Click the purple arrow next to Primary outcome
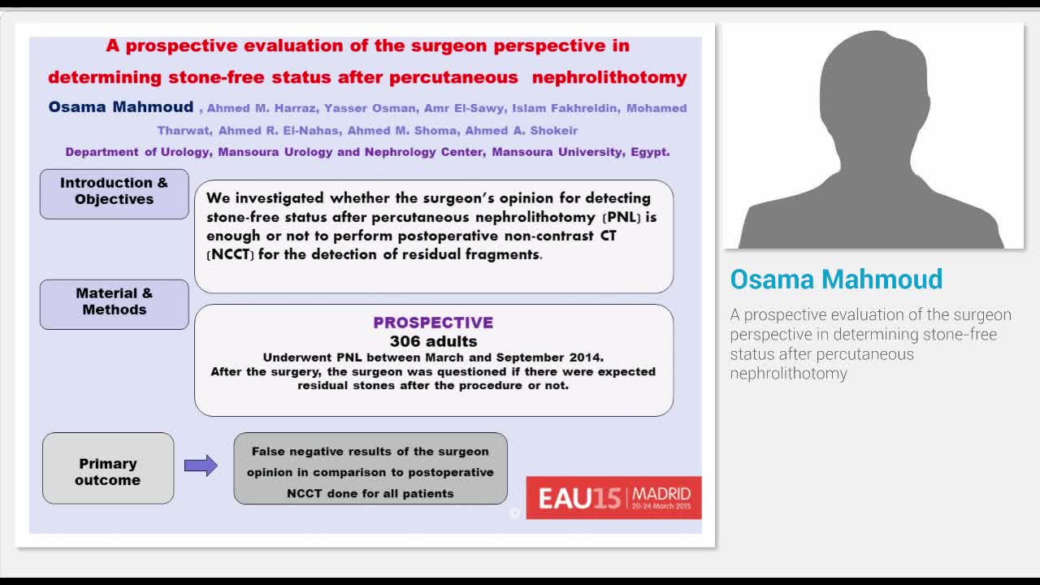[x=201, y=466]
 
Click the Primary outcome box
[x=108, y=471]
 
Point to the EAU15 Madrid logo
[x=613, y=496]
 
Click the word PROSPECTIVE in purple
[x=433, y=323]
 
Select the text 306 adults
[x=433, y=341]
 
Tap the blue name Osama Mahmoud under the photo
[x=836, y=279]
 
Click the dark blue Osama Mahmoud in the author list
[x=120, y=107]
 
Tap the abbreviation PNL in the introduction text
[x=625, y=218]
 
